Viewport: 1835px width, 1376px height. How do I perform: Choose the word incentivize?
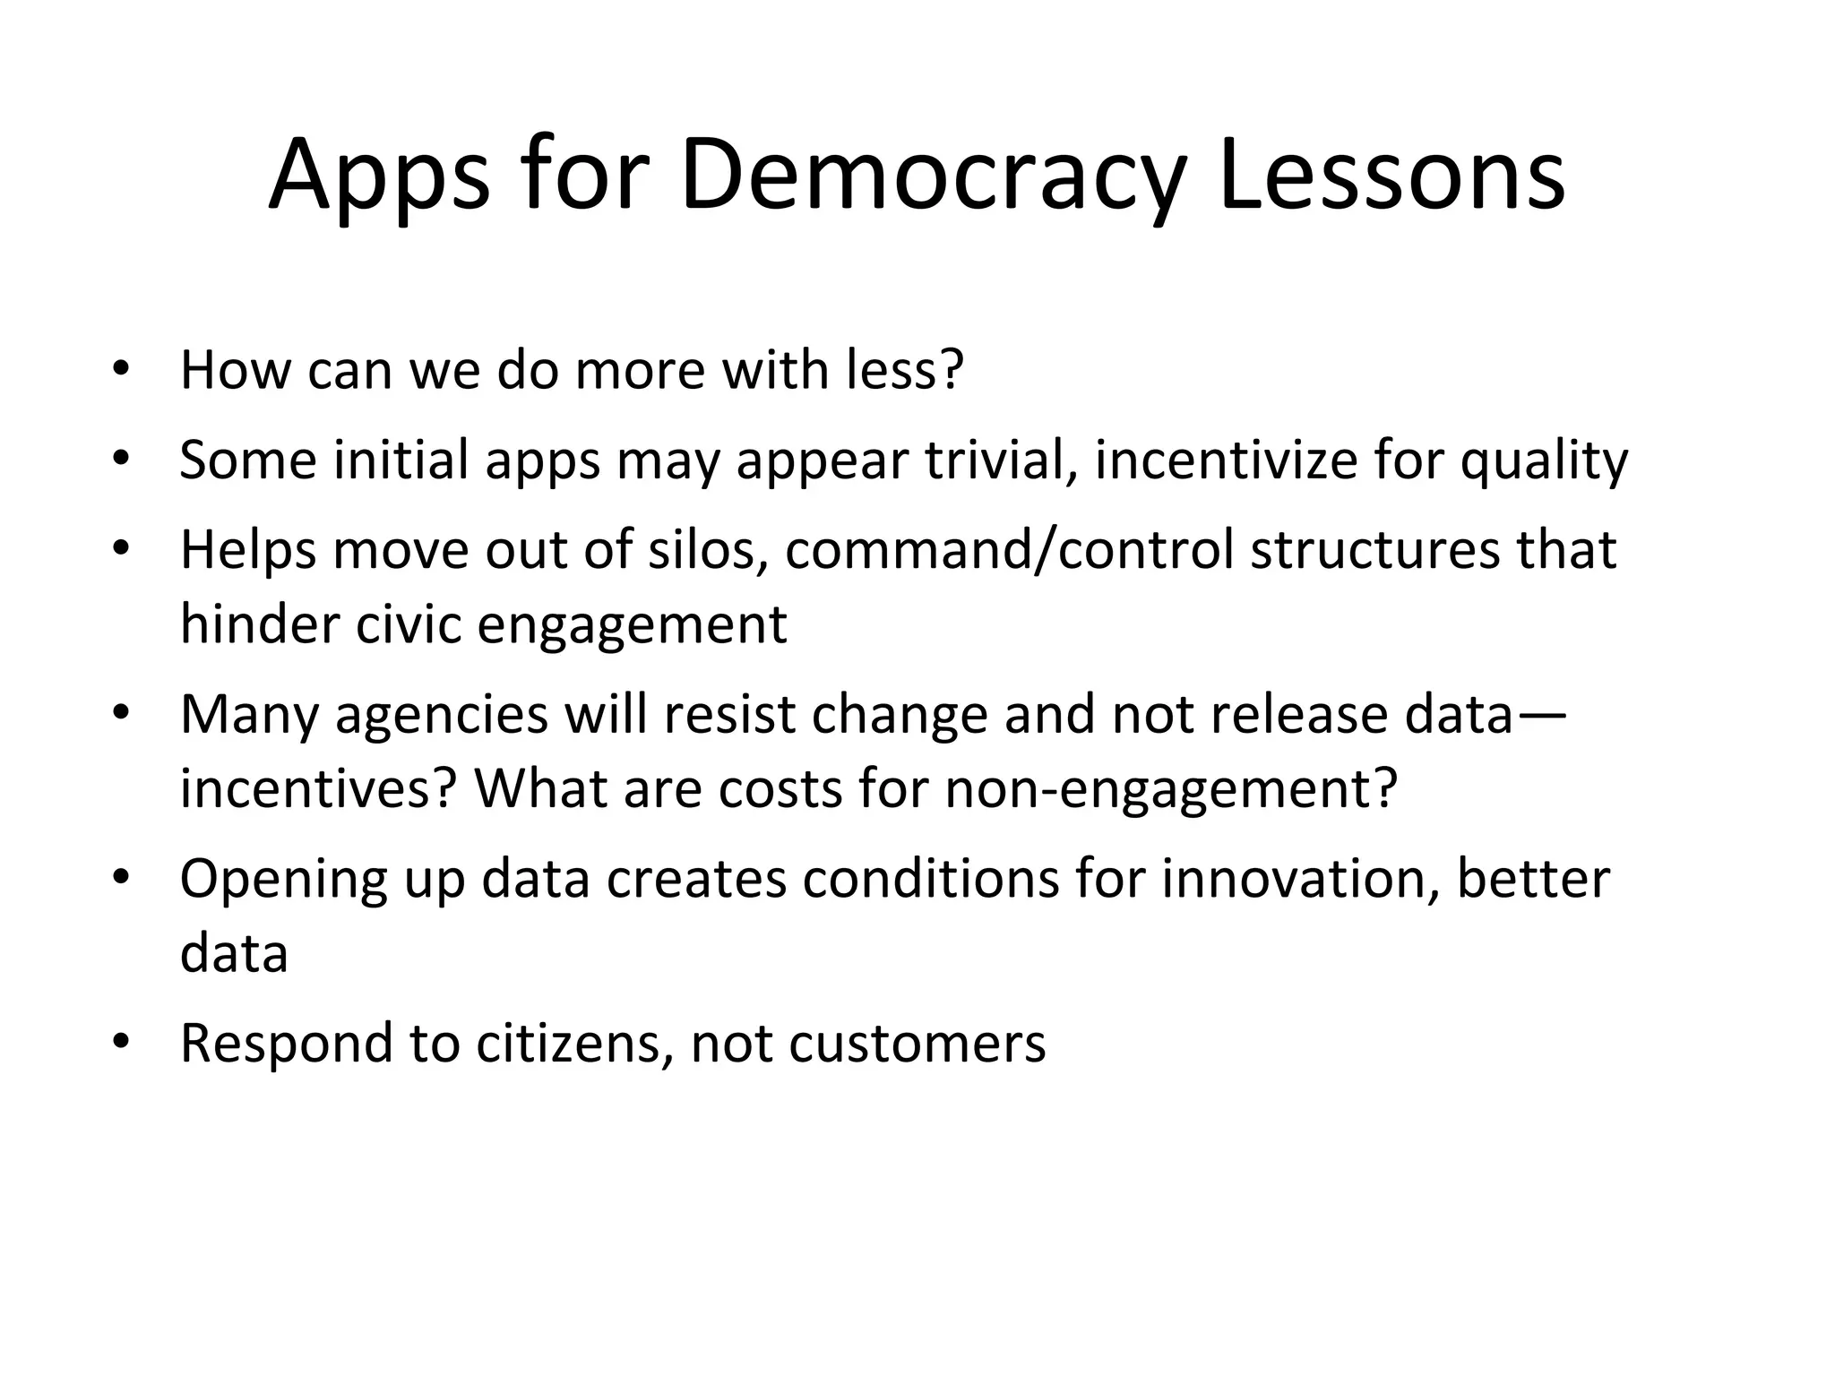click(x=1225, y=460)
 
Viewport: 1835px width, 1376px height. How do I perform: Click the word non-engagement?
click(x=1171, y=788)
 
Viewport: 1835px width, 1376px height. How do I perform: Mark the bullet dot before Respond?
click(x=122, y=1043)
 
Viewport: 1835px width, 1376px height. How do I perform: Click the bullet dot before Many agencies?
click(x=122, y=714)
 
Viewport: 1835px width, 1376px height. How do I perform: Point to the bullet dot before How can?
click(x=122, y=369)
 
